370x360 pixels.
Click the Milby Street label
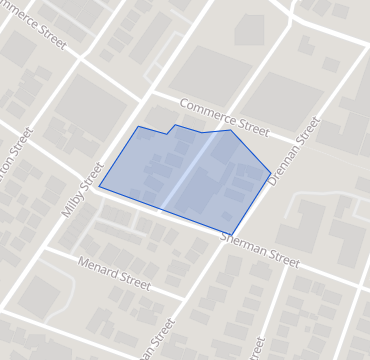tap(84, 188)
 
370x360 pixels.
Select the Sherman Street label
tap(259, 250)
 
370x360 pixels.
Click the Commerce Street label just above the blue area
tap(225, 118)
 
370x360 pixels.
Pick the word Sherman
tap(243, 245)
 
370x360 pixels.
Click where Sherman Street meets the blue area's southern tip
tap(232, 235)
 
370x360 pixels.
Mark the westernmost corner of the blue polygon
tap(99, 187)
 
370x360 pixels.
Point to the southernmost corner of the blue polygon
tap(232, 235)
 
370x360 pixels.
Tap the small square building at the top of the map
tap(249, 29)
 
